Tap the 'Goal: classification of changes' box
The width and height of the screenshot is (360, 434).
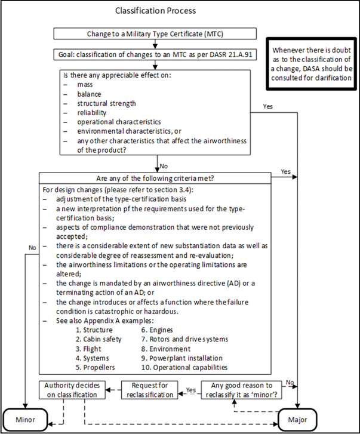coord(158,54)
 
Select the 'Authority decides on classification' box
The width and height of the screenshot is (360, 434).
coord(73,390)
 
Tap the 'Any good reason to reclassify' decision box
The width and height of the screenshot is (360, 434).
coord(242,390)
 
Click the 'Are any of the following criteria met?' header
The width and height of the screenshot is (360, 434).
coord(158,178)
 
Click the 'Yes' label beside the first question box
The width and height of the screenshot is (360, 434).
coord(267,106)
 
